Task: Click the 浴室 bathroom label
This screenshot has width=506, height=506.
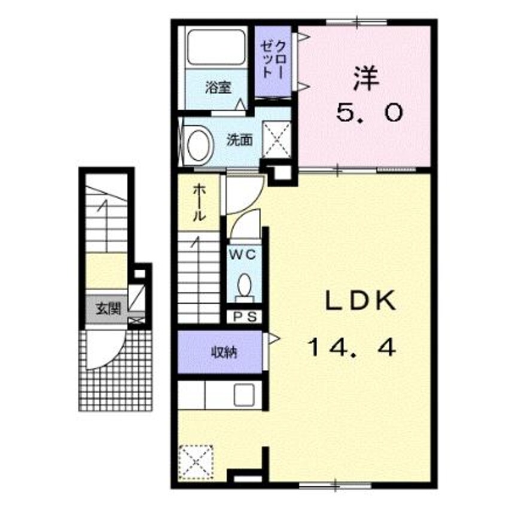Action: point(218,87)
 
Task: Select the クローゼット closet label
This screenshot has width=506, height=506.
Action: point(273,60)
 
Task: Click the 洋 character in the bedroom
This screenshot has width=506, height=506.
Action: point(365,78)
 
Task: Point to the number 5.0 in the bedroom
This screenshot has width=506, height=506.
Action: point(370,112)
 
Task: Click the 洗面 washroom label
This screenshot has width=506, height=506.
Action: point(239,141)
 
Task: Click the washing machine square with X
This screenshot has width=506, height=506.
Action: point(276,140)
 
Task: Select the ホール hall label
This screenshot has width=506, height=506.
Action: point(199,202)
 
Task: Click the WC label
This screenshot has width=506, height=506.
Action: point(243,255)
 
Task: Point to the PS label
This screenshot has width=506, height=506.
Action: point(245,317)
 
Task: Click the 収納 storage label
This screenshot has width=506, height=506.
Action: point(224,352)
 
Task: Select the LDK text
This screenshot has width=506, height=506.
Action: point(361,300)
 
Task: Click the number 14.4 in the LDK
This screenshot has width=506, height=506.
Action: point(352,348)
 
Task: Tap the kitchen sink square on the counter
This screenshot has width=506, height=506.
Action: point(244,395)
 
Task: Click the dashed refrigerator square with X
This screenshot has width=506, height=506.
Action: point(196,462)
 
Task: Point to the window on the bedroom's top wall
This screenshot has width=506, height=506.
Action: point(356,22)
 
